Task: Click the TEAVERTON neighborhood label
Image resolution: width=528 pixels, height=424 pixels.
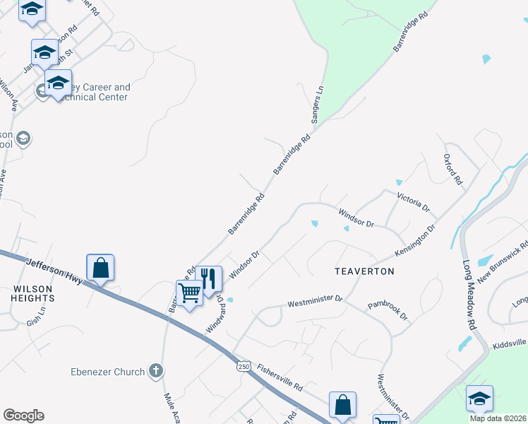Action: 364,271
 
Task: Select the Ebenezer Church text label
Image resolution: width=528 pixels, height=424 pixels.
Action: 107,372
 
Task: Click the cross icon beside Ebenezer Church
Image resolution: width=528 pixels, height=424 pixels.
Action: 156,371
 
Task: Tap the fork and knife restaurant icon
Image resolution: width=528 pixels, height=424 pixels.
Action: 208,278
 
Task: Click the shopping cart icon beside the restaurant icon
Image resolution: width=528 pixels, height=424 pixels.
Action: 189,292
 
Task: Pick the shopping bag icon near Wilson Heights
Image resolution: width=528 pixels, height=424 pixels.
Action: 100,268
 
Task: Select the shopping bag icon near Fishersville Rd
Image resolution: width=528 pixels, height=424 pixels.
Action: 342,405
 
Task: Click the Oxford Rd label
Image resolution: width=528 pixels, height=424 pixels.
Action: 452,170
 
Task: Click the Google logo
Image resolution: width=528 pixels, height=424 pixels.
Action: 23,416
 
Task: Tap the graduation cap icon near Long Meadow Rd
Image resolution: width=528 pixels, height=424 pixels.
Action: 479,398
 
